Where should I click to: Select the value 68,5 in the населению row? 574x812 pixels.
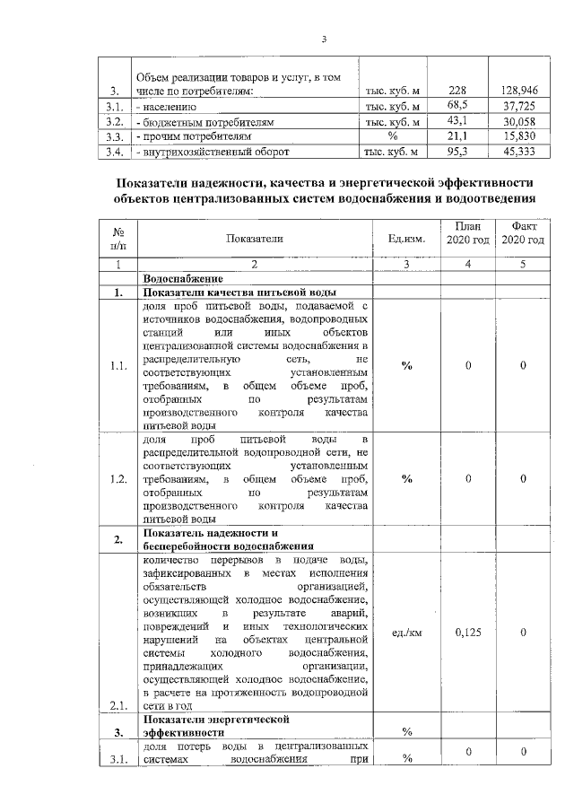point(458,106)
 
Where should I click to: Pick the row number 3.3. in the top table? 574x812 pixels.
point(114,136)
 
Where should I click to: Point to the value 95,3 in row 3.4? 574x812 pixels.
point(458,152)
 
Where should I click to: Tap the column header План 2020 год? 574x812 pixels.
point(466,233)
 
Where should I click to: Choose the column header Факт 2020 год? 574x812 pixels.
point(523,233)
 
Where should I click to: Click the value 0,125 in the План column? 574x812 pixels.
point(468,632)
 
